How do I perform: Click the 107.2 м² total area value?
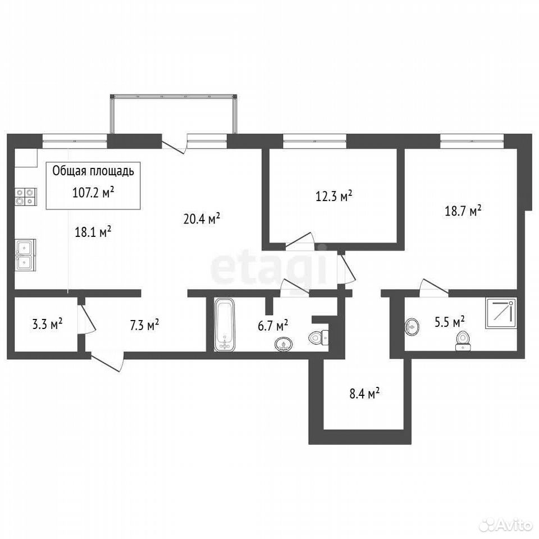(x=93, y=193)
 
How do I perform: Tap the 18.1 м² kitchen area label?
(x=93, y=232)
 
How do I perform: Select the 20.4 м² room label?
(x=202, y=218)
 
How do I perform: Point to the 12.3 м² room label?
(x=334, y=196)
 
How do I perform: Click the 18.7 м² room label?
(x=463, y=211)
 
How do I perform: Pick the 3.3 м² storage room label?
(x=47, y=324)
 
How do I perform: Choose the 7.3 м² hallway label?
(x=144, y=325)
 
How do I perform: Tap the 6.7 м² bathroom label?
(x=273, y=325)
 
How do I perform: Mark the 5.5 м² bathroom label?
(x=450, y=322)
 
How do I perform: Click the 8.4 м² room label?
(x=365, y=393)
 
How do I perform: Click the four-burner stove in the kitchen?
(x=26, y=197)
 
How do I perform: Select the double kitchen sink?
(x=25, y=254)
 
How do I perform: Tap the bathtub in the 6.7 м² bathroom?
(x=224, y=325)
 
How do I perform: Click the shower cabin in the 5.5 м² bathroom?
(x=501, y=313)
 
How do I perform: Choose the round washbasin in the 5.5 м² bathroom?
(x=412, y=326)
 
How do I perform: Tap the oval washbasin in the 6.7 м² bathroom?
(x=284, y=344)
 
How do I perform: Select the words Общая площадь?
(x=93, y=171)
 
